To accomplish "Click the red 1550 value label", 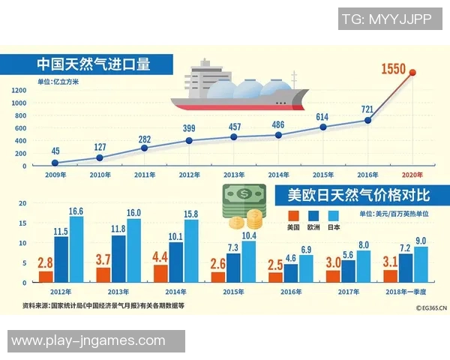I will click(393, 70).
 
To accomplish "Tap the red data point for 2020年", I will click(412, 73).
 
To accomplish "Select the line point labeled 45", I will click(55, 163).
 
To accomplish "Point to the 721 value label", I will click(367, 109).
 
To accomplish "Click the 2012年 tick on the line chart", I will click(189, 174).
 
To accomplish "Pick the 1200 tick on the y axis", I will click(19, 89).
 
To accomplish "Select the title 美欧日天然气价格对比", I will click(358, 195).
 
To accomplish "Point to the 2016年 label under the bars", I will click(292, 292).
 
